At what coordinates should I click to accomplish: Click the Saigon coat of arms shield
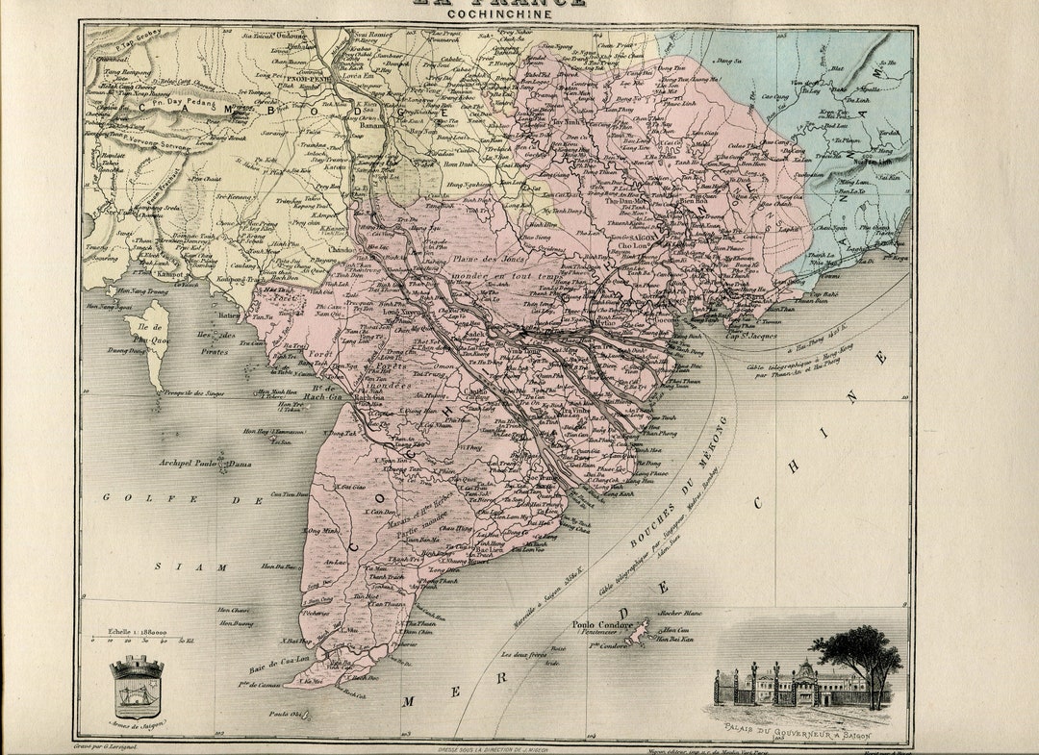tap(136, 687)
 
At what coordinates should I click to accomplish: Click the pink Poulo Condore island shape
tap(636, 638)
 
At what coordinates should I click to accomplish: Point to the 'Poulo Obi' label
tap(288, 714)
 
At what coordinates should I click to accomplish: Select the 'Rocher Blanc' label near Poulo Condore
tap(677, 613)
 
